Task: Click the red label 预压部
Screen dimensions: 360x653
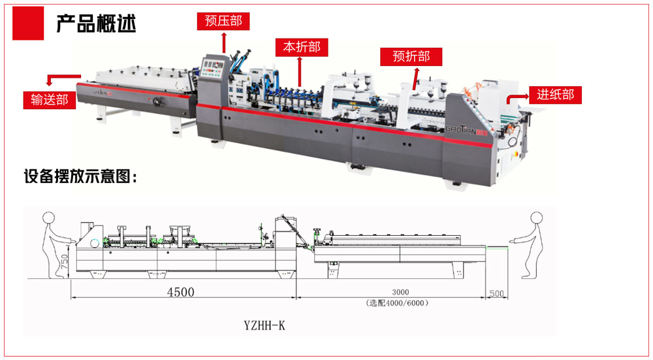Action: click(223, 21)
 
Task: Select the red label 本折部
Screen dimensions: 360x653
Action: click(301, 48)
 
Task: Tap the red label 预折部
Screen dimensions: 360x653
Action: click(411, 57)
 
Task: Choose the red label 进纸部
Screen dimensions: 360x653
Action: click(555, 95)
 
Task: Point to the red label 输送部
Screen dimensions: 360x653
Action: click(50, 100)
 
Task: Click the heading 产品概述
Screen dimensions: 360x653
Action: click(96, 24)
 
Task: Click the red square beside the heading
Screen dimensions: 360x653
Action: click(29, 24)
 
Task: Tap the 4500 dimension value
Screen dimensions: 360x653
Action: click(181, 292)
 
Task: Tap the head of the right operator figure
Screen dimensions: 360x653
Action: click(536, 218)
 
